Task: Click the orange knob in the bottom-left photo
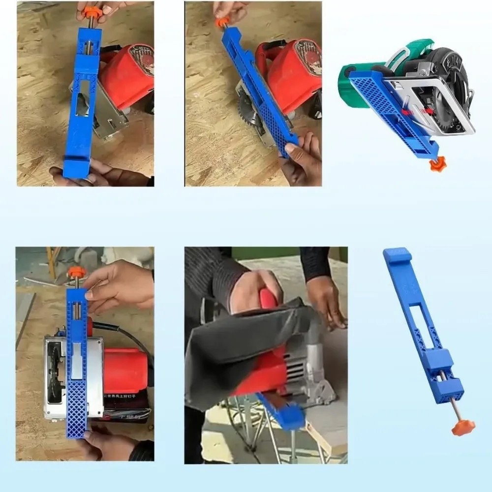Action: [x=76, y=272]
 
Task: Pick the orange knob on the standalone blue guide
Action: [x=463, y=427]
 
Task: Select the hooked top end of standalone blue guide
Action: [x=397, y=254]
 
